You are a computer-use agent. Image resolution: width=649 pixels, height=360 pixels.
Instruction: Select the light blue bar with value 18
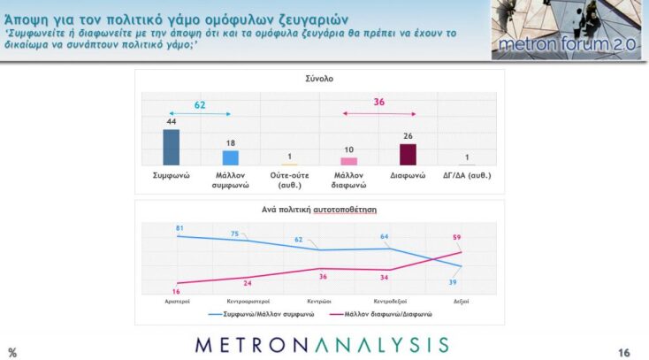pyautogui.click(x=230, y=157)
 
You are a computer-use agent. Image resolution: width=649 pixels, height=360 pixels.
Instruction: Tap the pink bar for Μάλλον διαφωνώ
pyautogui.click(x=348, y=161)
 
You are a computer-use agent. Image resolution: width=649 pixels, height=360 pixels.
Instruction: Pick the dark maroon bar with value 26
pyautogui.click(x=408, y=154)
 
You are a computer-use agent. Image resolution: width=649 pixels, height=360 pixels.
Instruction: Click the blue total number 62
pyautogui.click(x=200, y=104)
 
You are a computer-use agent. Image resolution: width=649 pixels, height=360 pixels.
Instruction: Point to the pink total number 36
pyautogui.click(x=379, y=103)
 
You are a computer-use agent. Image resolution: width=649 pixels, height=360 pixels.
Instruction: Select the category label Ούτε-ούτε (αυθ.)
pyautogui.click(x=289, y=180)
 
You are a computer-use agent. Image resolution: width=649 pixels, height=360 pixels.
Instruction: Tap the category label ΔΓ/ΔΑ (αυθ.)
pyautogui.click(x=467, y=175)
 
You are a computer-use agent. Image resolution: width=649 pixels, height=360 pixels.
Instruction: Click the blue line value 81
pyautogui.click(x=179, y=228)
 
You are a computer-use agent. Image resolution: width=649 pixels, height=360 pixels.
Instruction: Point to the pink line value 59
pyautogui.click(x=457, y=237)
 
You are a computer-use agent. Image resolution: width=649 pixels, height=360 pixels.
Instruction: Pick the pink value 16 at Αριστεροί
pyautogui.click(x=178, y=291)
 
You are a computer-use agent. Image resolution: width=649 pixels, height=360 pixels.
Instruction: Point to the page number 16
pyautogui.click(x=624, y=353)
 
